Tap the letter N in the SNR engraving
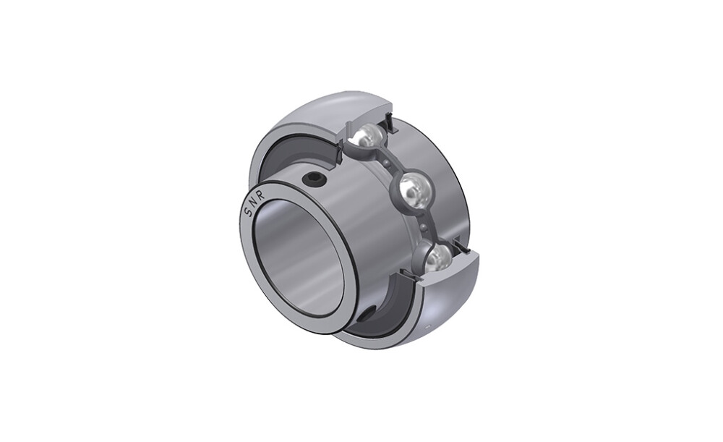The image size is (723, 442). pyautogui.click(x=252, y=203)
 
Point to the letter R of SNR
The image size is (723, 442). pyautogui.click(x=261, y=196)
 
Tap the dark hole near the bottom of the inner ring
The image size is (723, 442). pyautogui.click(x=367, y=316)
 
